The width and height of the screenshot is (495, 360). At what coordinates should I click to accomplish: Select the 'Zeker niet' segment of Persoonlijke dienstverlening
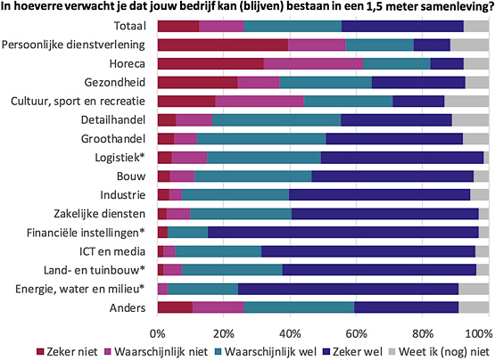[222, 44]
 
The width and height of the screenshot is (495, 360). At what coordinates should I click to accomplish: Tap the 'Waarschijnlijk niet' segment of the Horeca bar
[313, 63]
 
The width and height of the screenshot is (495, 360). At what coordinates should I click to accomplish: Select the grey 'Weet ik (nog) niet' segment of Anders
[474, 307]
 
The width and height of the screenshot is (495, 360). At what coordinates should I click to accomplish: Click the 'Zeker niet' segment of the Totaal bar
[177, 25]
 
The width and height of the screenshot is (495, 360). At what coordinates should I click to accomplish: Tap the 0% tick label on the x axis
[158, 331]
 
